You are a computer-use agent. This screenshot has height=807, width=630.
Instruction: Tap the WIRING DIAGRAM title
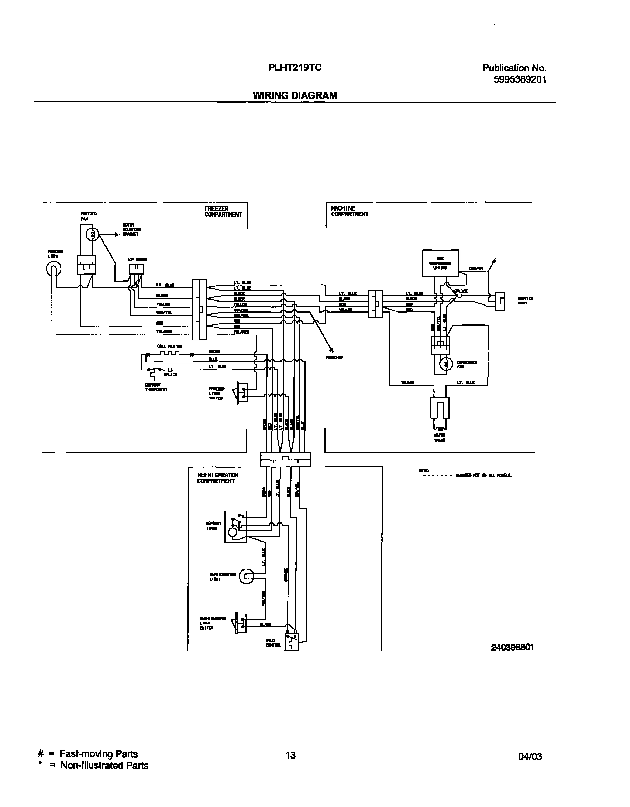click(x=295, y=96)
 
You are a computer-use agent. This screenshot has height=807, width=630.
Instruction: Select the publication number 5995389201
click(x=520, y=79)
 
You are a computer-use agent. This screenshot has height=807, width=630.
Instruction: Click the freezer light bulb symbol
click(x=54, y=269)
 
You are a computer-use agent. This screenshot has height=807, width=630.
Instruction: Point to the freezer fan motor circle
click(x=93, y=234)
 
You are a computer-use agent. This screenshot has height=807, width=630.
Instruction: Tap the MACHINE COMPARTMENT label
click(x=349, y=211)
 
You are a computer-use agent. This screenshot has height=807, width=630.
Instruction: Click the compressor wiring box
click(x=440, y=263)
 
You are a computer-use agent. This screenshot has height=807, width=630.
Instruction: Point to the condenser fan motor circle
click(x=446, y=364)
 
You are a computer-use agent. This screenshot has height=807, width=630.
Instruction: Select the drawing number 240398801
click(x=512, y=647)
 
